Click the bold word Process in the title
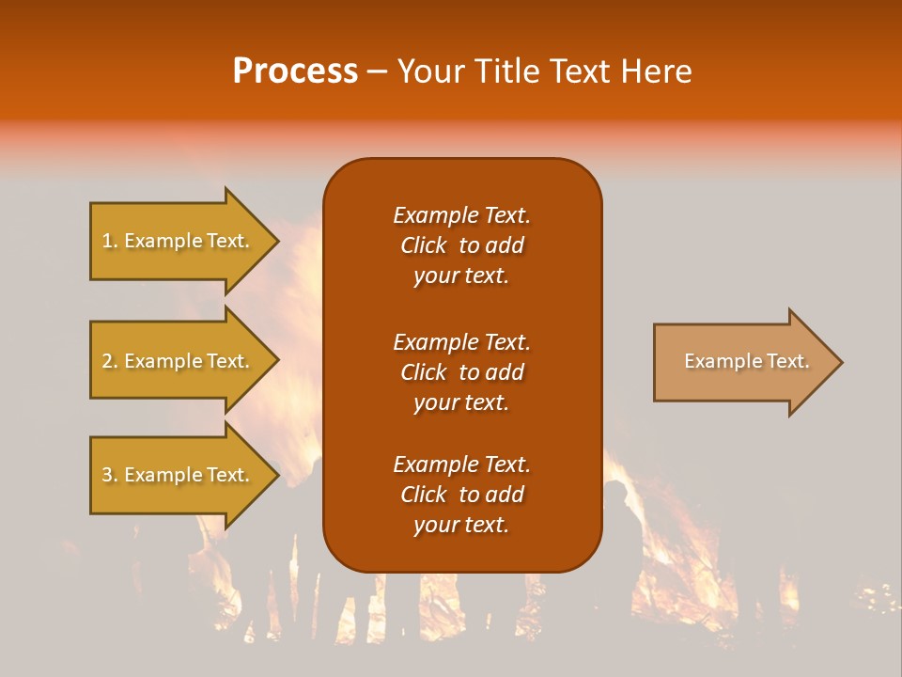(295, 71)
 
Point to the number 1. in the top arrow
(110, 242)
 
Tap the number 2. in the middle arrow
(110, 361)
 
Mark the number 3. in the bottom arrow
(110, 476)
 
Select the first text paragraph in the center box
(461, 245)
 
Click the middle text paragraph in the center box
(461, 372)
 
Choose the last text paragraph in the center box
(461, 495)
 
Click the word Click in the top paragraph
(423, 245)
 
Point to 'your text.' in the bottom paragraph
(461, 525)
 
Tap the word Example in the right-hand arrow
(719, 361)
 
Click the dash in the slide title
(378, 71)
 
